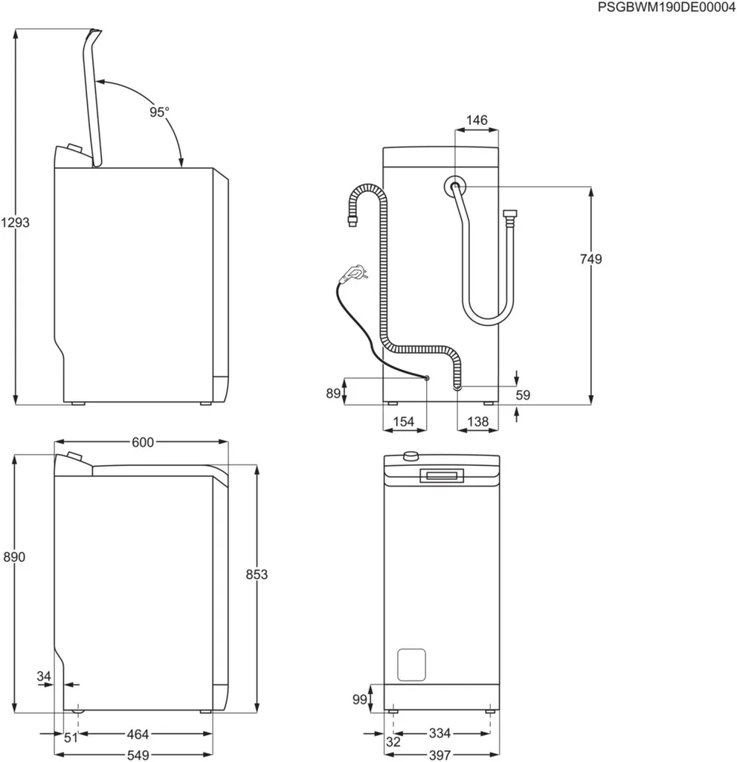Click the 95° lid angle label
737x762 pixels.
(x=159, y=112)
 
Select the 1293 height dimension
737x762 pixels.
(x=15, y=222)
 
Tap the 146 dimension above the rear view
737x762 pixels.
(x=477, y=121)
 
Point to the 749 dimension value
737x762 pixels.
(x=590, y=259)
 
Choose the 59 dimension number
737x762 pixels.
(x=523, y=395)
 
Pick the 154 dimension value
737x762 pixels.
(x=403, y=422)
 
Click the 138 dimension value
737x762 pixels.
(x=477, y=422)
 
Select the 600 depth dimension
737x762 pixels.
(x=143, y=443)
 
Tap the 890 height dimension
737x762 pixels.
(x=15, y=557)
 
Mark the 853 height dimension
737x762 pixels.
(x=257, y=574)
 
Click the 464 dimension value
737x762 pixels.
(x=138, y=734)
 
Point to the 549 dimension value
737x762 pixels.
(x=138, y=755)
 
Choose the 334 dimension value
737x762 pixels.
(x=440, y=734)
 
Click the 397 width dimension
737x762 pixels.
(x=440, y=755)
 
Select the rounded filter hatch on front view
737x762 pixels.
(x=411, y=664)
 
